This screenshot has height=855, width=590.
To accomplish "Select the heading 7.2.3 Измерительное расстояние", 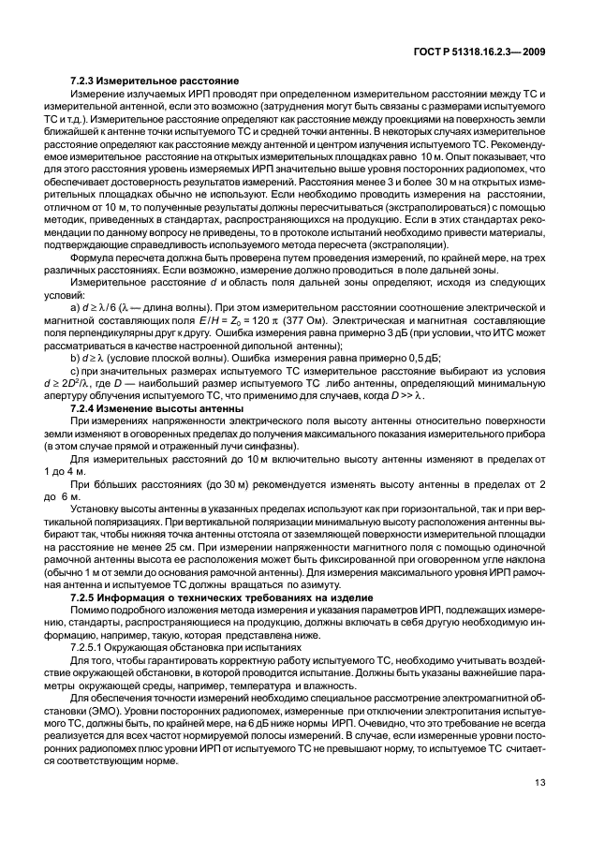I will tap(155, 83).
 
